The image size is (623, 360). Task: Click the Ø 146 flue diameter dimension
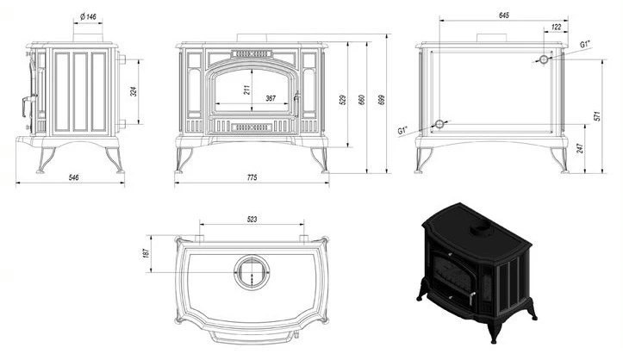click(x=88, y=16)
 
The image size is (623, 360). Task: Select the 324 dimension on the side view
click(x=134, y=92)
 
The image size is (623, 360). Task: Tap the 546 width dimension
click(x=74, y=177)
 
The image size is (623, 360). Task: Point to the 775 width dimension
click(x=252, y=177)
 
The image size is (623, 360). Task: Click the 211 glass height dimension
click(x=246, y=90)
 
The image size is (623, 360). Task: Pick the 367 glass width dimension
click(x=271, y=98)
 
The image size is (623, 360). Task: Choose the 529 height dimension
click(x=344, y=99)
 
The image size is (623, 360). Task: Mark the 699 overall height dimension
click(x=383, y=99)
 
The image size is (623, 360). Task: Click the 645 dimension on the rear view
click(x=503, y=16)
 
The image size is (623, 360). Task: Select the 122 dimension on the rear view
click(x=557, y=27)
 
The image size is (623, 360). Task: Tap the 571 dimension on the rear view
click(x=597, y=116)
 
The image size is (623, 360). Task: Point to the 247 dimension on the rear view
click(x=580, y=148)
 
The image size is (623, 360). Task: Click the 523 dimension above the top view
click(x=252, y=219)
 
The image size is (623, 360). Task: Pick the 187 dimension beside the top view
click(x=146, y=253)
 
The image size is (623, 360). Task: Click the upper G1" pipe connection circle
click(x=544, y=59)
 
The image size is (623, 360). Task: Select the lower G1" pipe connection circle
click(x=439, y=124)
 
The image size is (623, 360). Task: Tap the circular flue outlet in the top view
click(x=252, y=272)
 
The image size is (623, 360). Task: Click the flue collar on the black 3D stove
click(x=482, y=228)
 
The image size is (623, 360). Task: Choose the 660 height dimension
click(x=362, y=99)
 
